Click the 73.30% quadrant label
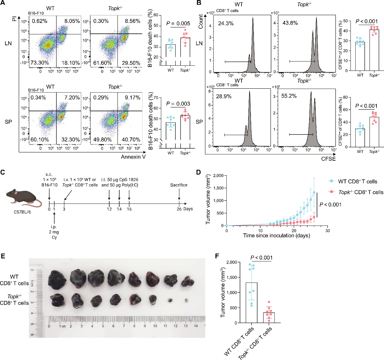(40, 63)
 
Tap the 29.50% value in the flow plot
(131, 63)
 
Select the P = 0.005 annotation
(178, 24)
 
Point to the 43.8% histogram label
(290, 23)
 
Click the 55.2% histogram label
(289, 96)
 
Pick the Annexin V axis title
(133, 157)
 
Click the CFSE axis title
(328, 159)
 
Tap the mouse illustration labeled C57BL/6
(24, 198)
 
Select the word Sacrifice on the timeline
(179, 185)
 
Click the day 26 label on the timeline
(179, 209)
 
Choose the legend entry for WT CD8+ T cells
(357, 182)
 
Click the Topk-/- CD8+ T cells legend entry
(360, 192)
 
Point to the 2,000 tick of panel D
(218, 175)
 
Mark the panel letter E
(3, 256)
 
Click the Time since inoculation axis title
(277, 235)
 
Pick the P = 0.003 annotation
(178, 104)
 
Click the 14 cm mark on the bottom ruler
(196, 326)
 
